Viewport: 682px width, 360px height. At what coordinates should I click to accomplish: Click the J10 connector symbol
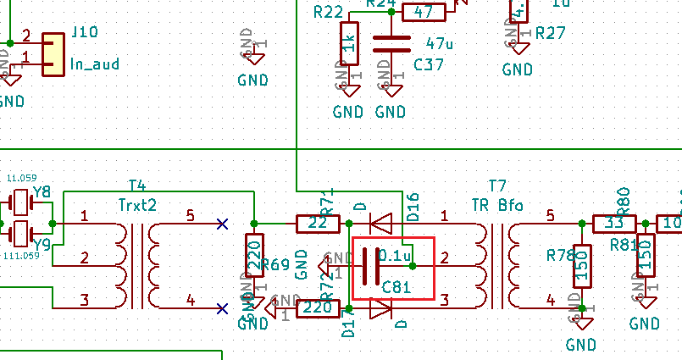[53, 53]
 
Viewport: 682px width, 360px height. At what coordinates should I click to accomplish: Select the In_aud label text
[94, 64]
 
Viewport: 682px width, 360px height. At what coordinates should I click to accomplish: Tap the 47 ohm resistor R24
[424, 12]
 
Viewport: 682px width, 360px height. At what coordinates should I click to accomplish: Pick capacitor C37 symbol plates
[391, 43]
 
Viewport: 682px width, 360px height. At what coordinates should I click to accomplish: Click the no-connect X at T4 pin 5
[222, 224]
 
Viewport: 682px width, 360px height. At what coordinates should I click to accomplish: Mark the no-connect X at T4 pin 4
[222, 308]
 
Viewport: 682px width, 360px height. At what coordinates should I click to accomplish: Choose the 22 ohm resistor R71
[317, 224]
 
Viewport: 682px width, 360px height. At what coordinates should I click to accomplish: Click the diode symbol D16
[381, 224]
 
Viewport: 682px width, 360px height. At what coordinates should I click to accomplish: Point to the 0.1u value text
[395, 254]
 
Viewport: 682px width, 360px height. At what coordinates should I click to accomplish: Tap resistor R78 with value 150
[582, 266]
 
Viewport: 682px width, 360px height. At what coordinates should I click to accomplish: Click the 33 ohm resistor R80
[613, 224]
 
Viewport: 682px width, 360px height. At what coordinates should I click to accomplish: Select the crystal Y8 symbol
[19, 203]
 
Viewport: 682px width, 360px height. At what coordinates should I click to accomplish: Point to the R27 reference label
[551, 33]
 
